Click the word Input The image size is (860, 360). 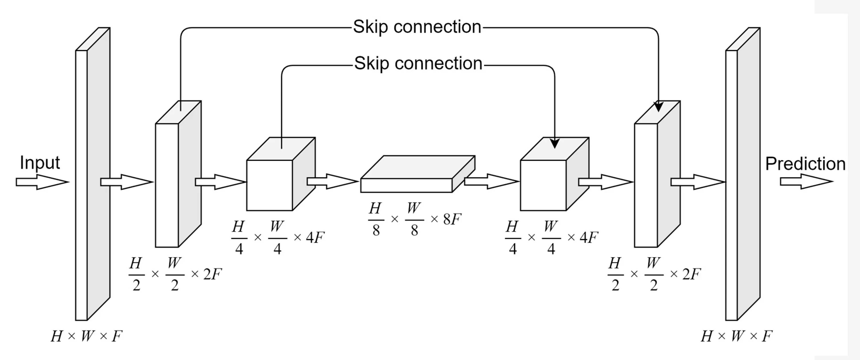point(40,163)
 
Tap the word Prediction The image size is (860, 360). point(805,164)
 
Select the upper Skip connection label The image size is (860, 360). point(417,27)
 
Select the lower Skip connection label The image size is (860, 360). point(418,63)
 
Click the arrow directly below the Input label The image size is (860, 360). point(42,182)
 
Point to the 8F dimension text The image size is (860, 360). point(452,219)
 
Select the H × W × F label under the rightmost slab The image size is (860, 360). point(736,336)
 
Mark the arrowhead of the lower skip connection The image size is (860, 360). point(554,143)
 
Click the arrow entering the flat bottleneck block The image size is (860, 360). point(333,181)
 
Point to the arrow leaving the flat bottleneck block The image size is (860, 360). point(491,181)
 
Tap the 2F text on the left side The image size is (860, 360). point(212,274)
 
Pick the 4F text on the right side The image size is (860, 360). point(589,238)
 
